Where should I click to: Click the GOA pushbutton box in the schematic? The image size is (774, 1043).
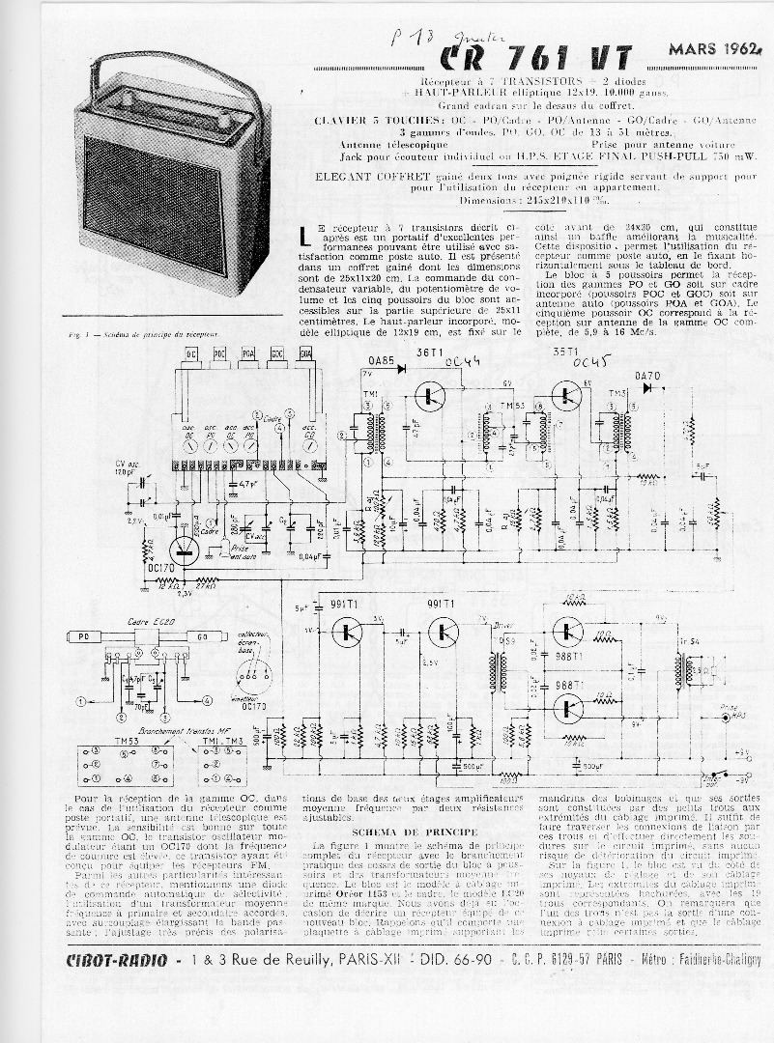pos(305,354)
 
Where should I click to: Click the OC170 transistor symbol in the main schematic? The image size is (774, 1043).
pos(185,551)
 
